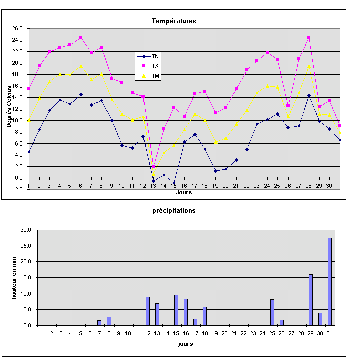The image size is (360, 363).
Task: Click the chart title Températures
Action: (174, 21)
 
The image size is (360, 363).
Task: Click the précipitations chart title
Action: (174, 211)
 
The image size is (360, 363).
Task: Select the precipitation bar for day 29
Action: (311, 300)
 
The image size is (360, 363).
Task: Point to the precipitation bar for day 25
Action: (272, 312)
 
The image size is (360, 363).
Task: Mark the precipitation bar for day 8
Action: (109, 321)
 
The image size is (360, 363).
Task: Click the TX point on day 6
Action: (81, 37)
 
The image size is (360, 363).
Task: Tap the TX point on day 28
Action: (309, 37)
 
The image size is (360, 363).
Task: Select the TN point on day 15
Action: (174, 183)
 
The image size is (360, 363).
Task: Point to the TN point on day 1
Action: (29, 152)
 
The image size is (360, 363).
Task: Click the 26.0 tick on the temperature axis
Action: (18, 28)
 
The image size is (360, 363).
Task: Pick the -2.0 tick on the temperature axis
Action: (18, 189)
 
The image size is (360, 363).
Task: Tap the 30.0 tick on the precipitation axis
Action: (26, 230)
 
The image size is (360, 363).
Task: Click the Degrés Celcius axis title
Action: (9, 106)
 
